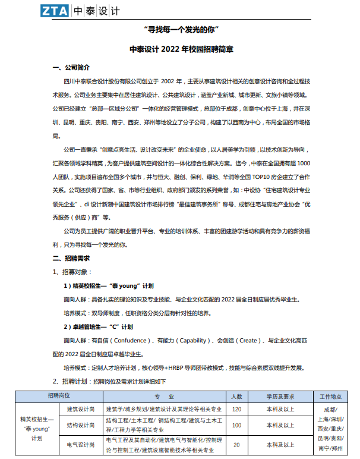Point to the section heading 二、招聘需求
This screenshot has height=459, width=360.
71,258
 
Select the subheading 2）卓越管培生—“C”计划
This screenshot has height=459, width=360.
98,326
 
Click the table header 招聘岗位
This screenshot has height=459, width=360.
59,396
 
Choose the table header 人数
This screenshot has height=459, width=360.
236,396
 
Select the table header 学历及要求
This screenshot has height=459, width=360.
280,396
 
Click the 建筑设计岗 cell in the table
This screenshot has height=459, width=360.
80,409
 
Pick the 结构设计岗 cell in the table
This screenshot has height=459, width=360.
80,425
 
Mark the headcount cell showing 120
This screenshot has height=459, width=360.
236,409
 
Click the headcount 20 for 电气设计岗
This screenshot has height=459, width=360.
236,445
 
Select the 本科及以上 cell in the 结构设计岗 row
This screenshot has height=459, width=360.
280,425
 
